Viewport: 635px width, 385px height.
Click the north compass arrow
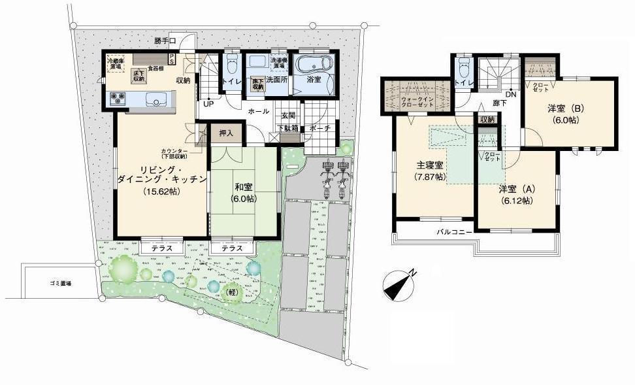tap(400, 286)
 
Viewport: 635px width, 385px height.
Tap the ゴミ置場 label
tap(60, 283)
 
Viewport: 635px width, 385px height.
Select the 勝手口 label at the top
tap(167, 41)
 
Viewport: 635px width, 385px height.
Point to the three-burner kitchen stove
tap(118, 99)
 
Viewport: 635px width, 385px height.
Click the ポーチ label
tap(321, 128)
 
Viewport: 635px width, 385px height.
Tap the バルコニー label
tap(455, 232)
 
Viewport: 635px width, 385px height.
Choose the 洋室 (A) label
tap(517, 190)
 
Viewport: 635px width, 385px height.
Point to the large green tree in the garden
tap(124, 268)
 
